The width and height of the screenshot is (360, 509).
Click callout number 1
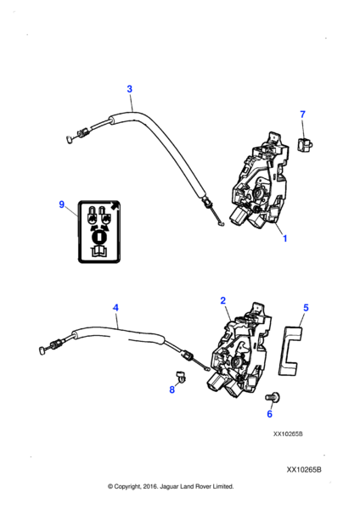click(284, 238)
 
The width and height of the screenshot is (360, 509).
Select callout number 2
click(222, 300)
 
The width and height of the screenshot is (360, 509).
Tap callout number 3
click(129, 89)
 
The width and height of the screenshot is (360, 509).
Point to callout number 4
click(115, 308)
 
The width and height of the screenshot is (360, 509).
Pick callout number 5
click(306, 309)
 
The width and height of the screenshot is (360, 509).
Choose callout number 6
click(269, 414)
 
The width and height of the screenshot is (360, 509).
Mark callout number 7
click(303, 114)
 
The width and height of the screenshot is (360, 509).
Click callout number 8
click(172, 389)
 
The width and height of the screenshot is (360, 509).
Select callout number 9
click(61, 204)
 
